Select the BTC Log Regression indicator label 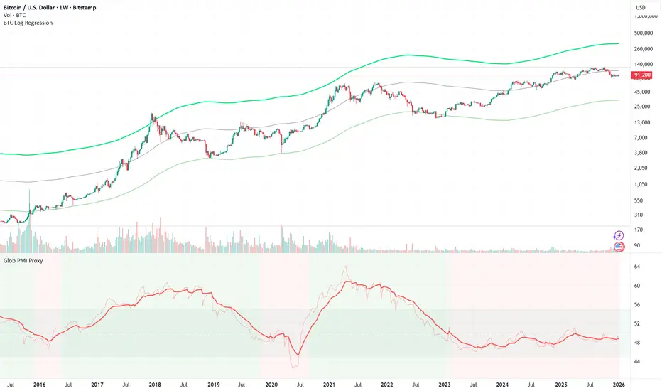pyautogui.click(x=27, y=23)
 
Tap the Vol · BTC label pyautogui.click(x=16, y=15)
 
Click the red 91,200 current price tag pyautogui.click(x=643, y=75)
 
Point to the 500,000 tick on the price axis pyautogui.click(x=643, y=33)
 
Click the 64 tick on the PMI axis pyautogui.click(x=637, y=267)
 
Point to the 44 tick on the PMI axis pyautogui.click(x=637, y=361)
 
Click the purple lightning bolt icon pyautogui.click(x=619, y=235)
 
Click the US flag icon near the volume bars pyautogui.click(x=619, y=247)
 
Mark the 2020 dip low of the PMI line pyautogui.click(x=298, y=355)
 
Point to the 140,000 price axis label pyautogui.click(x=643, y=63)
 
